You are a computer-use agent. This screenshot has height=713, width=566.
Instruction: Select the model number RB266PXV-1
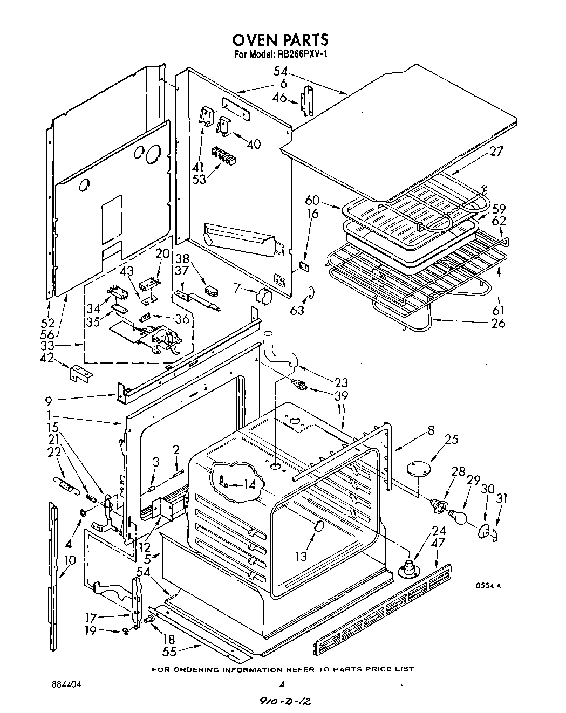(x=303, y=54)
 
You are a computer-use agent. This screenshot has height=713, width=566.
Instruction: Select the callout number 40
(x=253, y=144)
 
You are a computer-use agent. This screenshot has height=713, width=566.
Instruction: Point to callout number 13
(x=301, y=556)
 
